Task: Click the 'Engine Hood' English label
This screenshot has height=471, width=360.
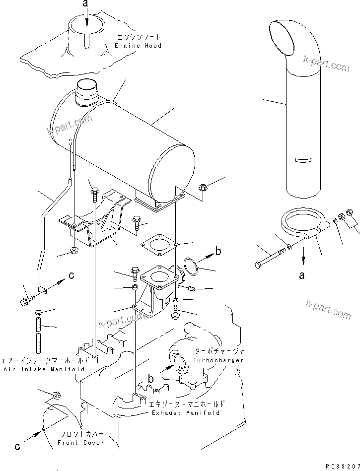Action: pyautogui.click(x=138, y=45)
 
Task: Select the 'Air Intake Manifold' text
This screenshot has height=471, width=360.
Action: pyautogui.click(x=44, y=369)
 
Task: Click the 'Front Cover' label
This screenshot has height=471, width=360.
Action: pyautogui.click(x=81, y=442)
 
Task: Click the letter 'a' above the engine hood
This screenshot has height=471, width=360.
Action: pyautogui.click(x=86, y=4)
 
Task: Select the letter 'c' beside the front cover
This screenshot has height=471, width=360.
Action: pyautogui.click(x=18, y=446)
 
